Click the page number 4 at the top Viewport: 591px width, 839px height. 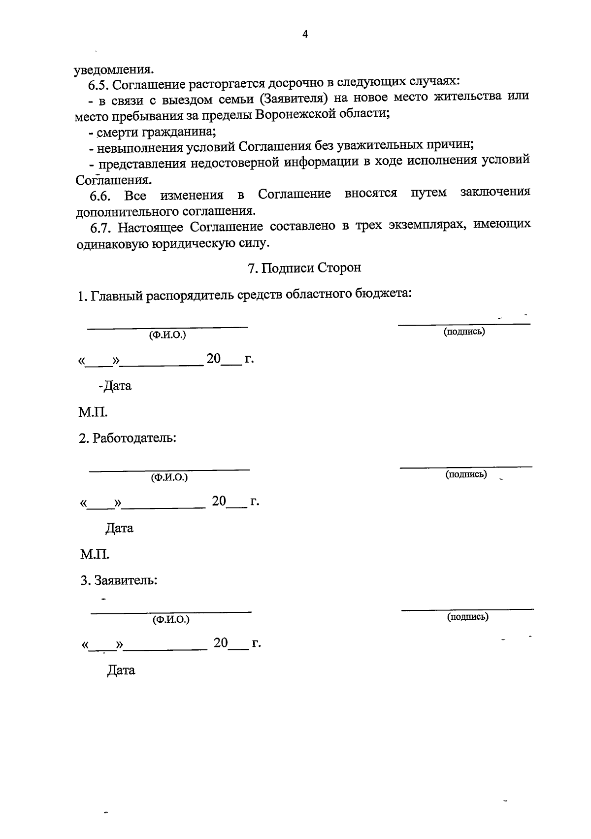pyautogui.click(x=305, y=34)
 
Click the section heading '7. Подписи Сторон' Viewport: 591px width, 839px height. pyautogui.click(x=304, y=268)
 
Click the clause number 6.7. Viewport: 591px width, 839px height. pyautogui.click(x=102, y=228)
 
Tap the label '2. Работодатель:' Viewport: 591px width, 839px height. pyautogui.click(x=128, y=437)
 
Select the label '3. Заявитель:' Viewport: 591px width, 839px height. pyautogui.click(x=119, y=580)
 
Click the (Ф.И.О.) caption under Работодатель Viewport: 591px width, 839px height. pyautogui.click(x=169, y=477)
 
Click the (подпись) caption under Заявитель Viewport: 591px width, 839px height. pyautogui.click(x=467, y=616)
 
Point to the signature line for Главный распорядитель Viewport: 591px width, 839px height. pyautogui.click(x=463, y=324)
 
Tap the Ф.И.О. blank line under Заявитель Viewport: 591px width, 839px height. pyautogui.click(x=170, y=612)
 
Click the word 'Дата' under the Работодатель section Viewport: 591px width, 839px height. pyautogui.click(x=120, y=528)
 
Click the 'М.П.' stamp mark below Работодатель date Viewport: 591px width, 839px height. pyautogui.click(x=95, y=555)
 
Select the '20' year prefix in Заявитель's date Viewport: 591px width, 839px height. pyautogui.click(x=221, y=643)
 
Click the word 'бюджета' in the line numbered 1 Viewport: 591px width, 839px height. pyautogui.click(x=383, y=294)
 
